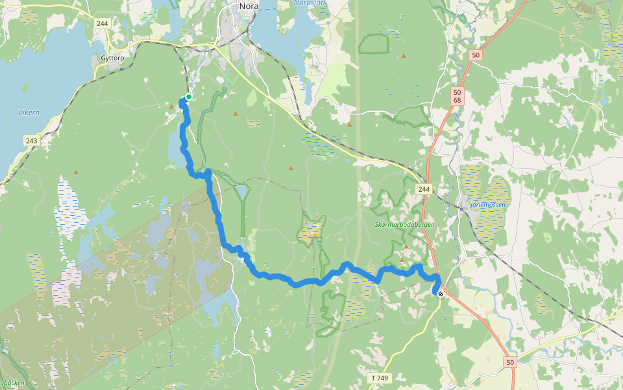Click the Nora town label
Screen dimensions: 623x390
249,6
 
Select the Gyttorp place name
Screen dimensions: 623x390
112,58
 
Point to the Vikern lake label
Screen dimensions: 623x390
29,112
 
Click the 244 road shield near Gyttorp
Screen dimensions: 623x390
102,23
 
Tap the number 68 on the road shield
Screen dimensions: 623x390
458,100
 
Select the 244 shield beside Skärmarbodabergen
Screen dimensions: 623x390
424,189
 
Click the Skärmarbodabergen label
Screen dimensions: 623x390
404,224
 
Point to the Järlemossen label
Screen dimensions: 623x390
487,205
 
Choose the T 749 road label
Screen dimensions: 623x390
380,378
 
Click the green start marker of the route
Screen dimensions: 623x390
188,97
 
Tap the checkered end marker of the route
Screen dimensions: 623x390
441,294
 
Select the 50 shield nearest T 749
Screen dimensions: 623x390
510,362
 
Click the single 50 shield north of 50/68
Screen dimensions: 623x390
476,55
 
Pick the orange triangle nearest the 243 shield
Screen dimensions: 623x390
76,172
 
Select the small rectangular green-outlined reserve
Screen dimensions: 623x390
373,44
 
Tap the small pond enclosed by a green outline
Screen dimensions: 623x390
242,192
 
